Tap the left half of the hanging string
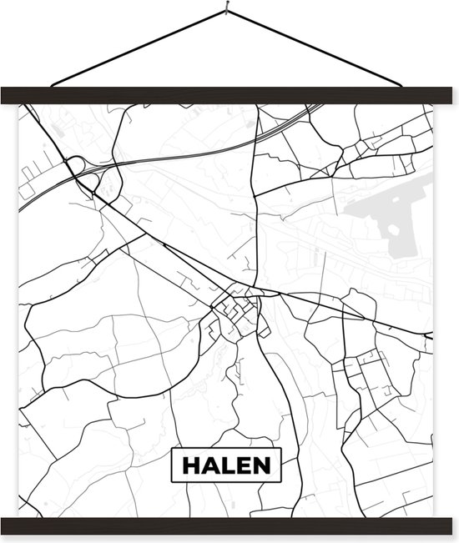coord(138,48)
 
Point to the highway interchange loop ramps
coord(81,168)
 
